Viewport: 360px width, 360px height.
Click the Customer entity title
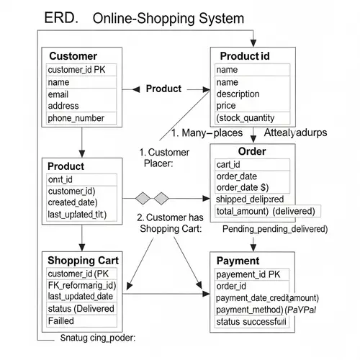click(x=72, y=55)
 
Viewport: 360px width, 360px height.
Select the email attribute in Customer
click(x=58, y=94)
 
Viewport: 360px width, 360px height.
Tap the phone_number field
click(x=76, y=118)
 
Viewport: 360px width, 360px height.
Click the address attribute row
click(x=63, y=106)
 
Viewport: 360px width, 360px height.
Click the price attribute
click(x=228, y=106)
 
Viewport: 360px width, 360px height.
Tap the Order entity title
click(x=251, y=151)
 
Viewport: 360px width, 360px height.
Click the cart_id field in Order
click(x=229, y=164)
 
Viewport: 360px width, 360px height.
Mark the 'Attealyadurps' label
click(x=295, y=133)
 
